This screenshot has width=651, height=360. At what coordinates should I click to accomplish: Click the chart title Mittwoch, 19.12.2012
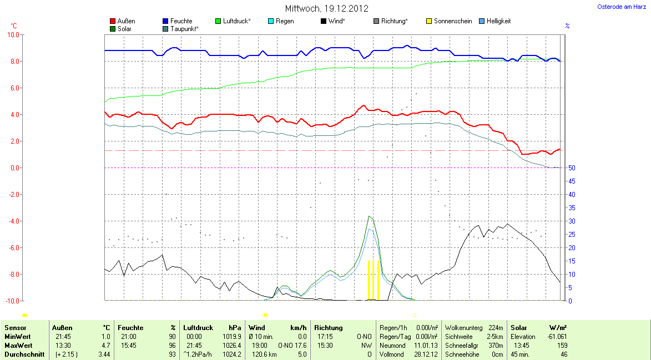coord(326,8)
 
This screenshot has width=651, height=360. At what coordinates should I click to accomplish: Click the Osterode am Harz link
coord(621,7)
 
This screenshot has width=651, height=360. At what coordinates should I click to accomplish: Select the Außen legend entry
coord(126,21)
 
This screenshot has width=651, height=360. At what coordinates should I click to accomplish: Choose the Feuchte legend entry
coord(181,21)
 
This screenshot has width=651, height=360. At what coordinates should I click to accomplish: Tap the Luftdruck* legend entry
coord(236,21)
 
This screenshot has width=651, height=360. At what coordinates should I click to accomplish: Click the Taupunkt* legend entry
coord(184,28)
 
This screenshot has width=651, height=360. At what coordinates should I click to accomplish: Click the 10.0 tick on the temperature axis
coord(12,34)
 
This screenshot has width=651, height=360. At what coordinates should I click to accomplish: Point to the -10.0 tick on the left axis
coord(12,301)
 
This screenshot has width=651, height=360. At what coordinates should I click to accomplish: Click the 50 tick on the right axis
coord(571,168)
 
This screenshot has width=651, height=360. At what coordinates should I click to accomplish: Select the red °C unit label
coord(14,26)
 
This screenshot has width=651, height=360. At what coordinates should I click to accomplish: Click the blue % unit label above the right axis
coord(567,26)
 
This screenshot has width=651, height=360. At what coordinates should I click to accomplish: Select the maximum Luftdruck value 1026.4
coord(232,346)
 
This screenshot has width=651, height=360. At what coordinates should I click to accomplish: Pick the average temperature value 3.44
coord(104,354)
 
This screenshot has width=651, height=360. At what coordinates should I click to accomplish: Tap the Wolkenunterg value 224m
coord(496,328)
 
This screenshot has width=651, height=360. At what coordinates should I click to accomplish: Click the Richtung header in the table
coord(329,328)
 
